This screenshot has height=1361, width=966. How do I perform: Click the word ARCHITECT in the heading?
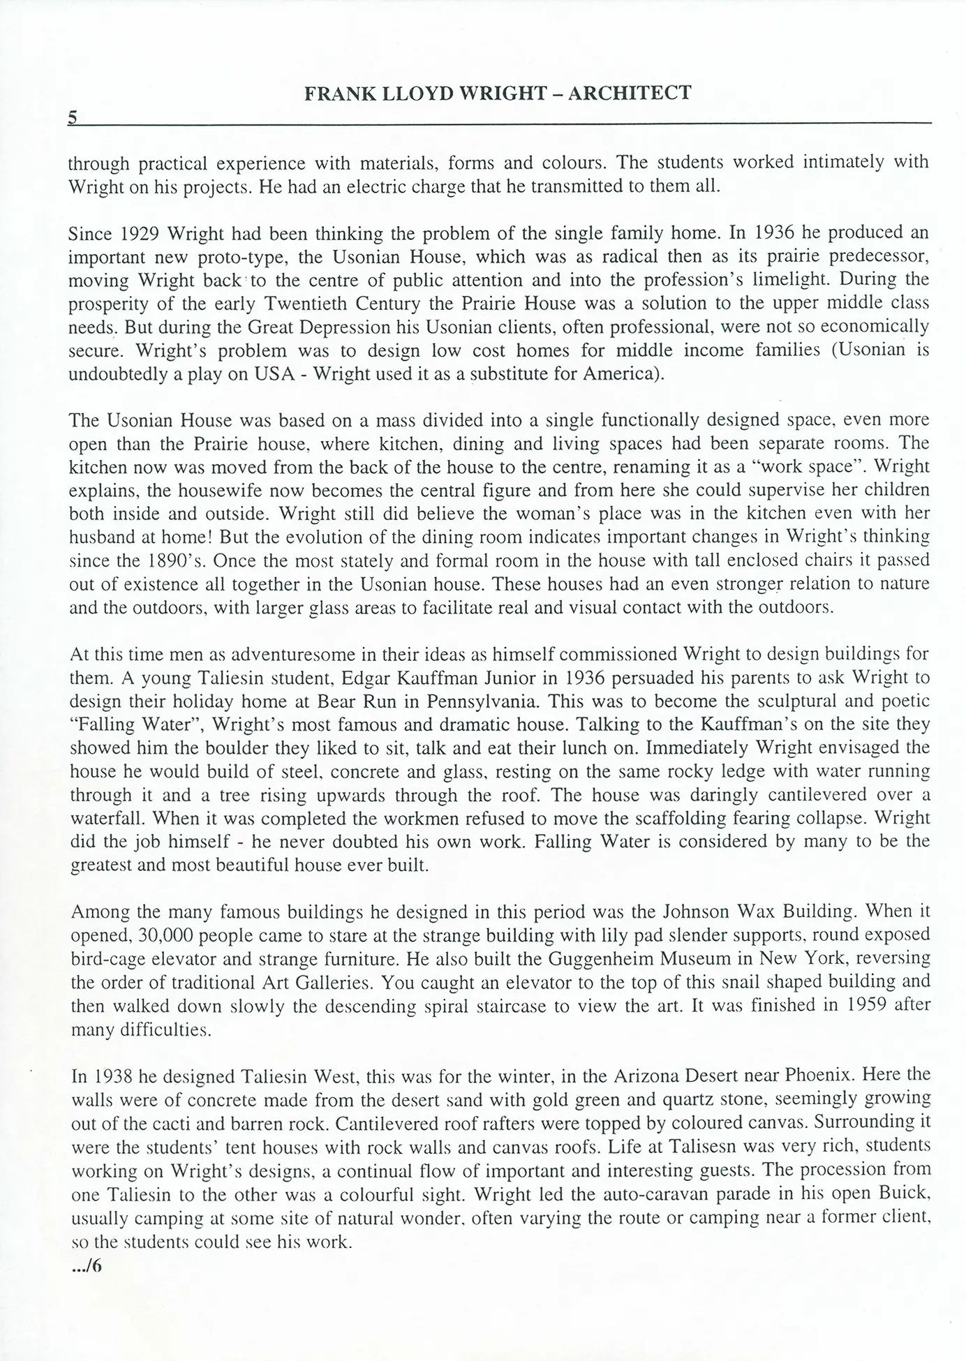pos(630,93)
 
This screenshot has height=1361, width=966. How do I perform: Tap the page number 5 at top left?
pos(72,117)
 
